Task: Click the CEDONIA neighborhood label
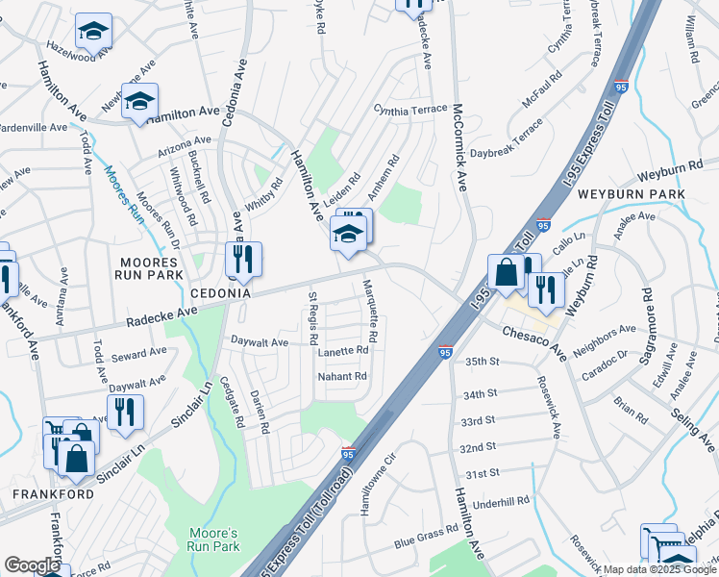pos(220,292)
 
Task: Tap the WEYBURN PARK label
pos(631,194)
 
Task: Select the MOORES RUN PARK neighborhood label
pos(151,268)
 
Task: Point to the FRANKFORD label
pos(52,494)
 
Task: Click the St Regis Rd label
pos(312,318)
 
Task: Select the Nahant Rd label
pos(343,376)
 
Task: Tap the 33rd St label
pos(477,420)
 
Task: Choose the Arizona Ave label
pos(183,152)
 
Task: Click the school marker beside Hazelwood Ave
pos(93,32)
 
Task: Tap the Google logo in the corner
pos(33,565)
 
